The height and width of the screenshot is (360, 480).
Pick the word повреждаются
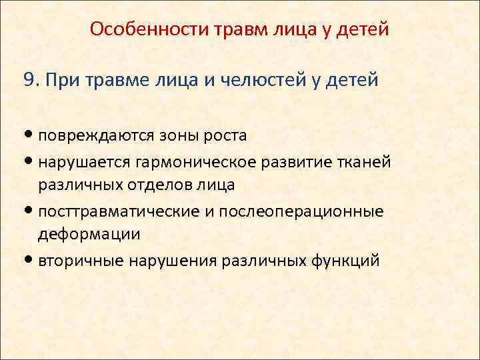click(97, 135)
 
